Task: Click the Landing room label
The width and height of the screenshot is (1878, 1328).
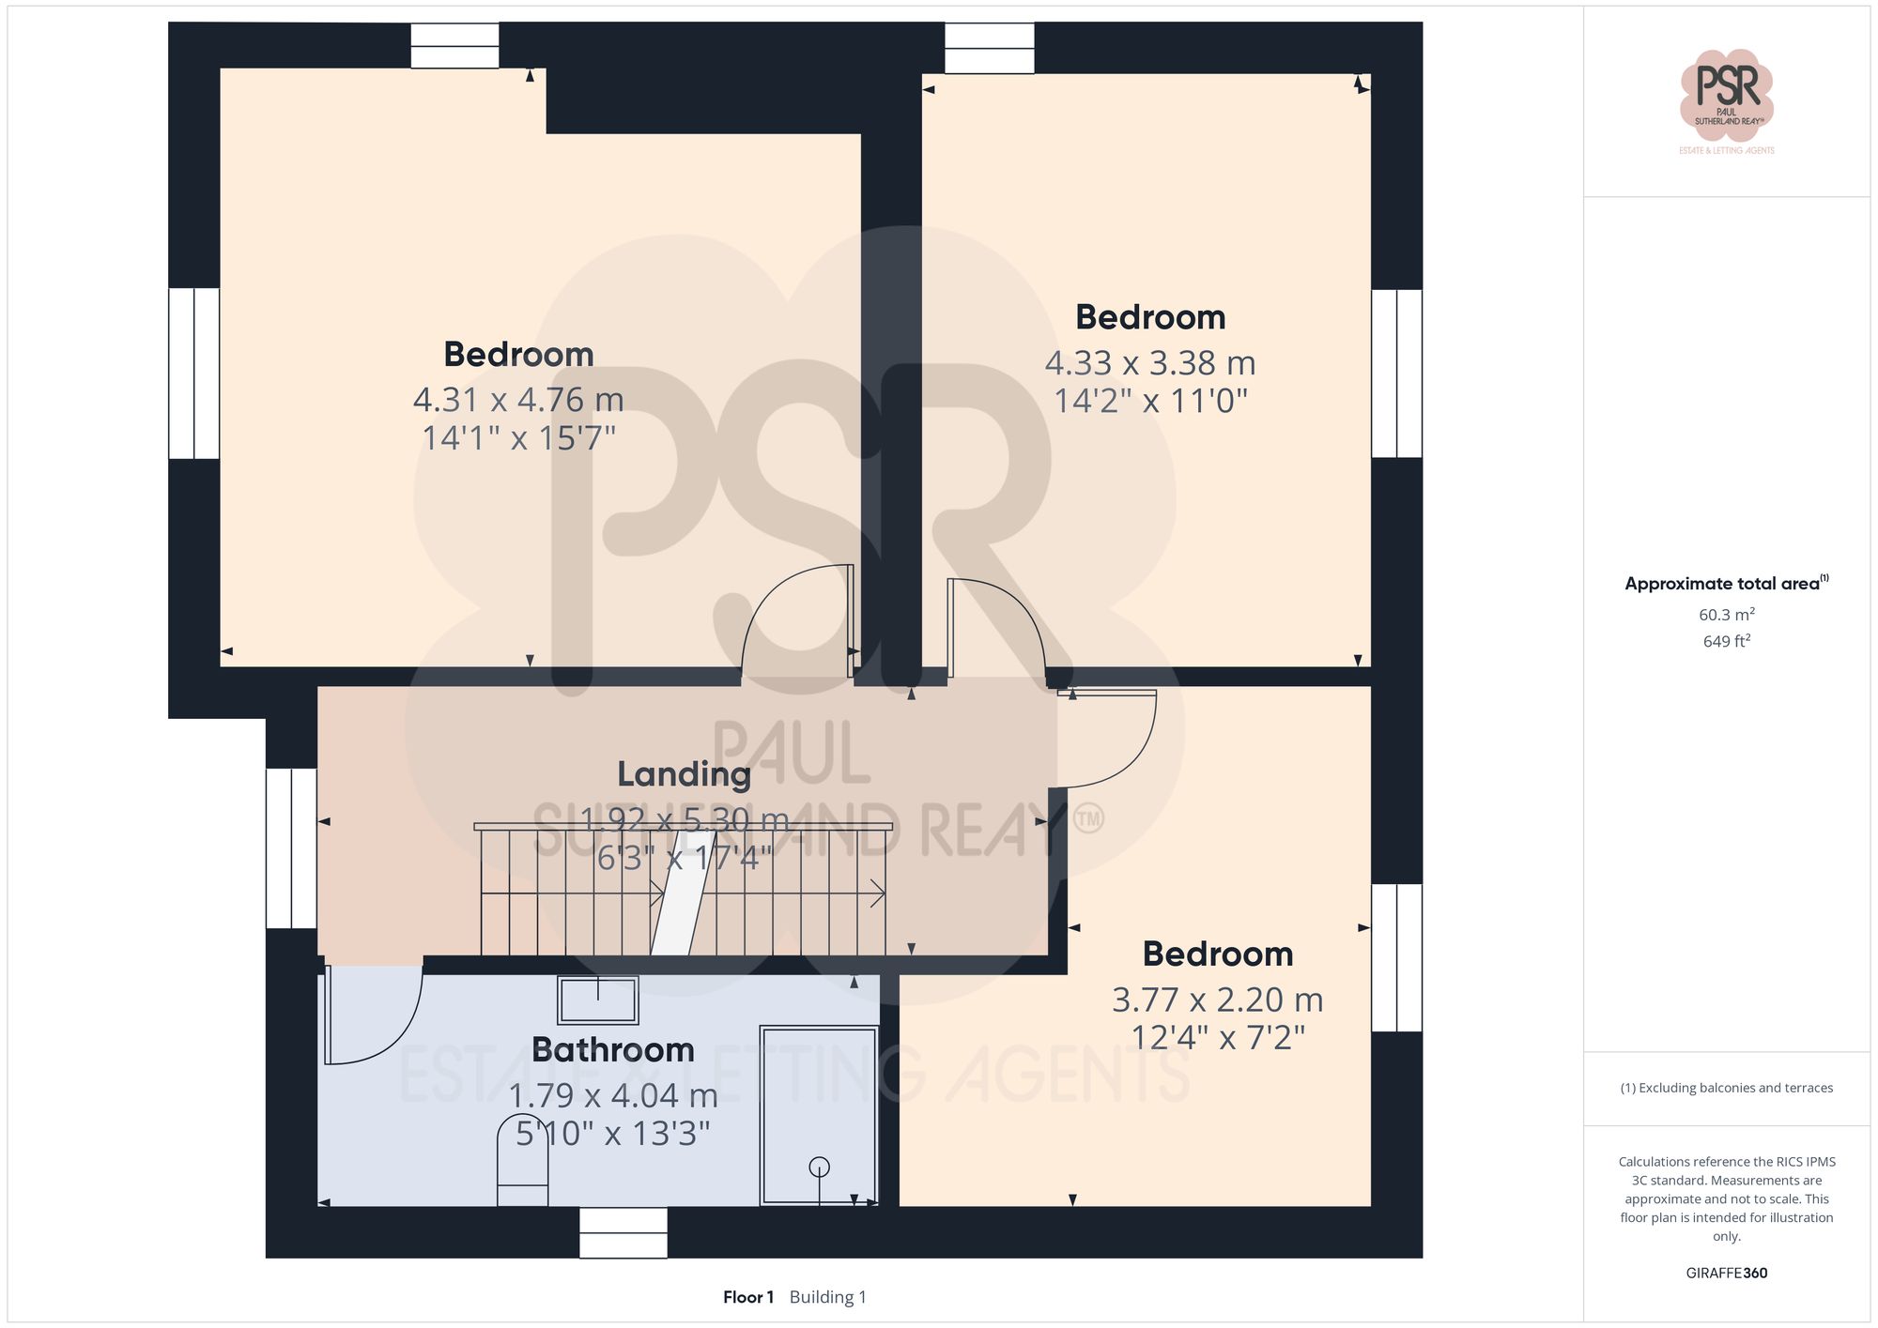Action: [x=684, y=774]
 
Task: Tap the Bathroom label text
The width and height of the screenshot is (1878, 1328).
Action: [x=612, y=1049]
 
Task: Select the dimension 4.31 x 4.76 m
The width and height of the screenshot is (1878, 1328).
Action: [x=518, y=400]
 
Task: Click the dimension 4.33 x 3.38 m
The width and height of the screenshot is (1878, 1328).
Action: [x=1150, y=362]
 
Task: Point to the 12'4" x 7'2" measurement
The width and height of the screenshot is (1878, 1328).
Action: [x=1218, y=1038]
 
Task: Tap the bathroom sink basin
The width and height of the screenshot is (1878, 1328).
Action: [x=598, y=1000]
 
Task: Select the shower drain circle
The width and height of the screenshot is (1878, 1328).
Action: [x=819, y=1167]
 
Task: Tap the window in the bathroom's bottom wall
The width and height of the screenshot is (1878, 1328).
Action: [x=623, y=1232]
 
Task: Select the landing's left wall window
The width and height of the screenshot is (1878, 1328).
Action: [x=291, y=848]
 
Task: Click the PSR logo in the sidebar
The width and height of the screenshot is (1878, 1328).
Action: [x=1726, y=95]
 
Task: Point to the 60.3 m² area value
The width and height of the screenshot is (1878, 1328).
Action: [x=1726, y=615]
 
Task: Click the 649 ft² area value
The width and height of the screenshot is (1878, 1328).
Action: [x=1726, y=641]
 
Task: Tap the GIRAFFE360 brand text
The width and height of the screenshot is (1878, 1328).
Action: [x=1726, y=1273]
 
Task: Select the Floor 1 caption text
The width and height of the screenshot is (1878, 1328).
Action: [x=747, y=1297]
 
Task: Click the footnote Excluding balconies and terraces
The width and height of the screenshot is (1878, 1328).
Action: [x=1726, y=1088]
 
